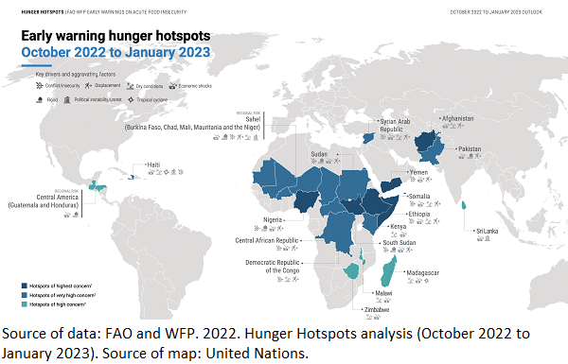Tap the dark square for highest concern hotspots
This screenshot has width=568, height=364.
(x=23, y=285)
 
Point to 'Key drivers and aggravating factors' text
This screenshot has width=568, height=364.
(x=75, y=74)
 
